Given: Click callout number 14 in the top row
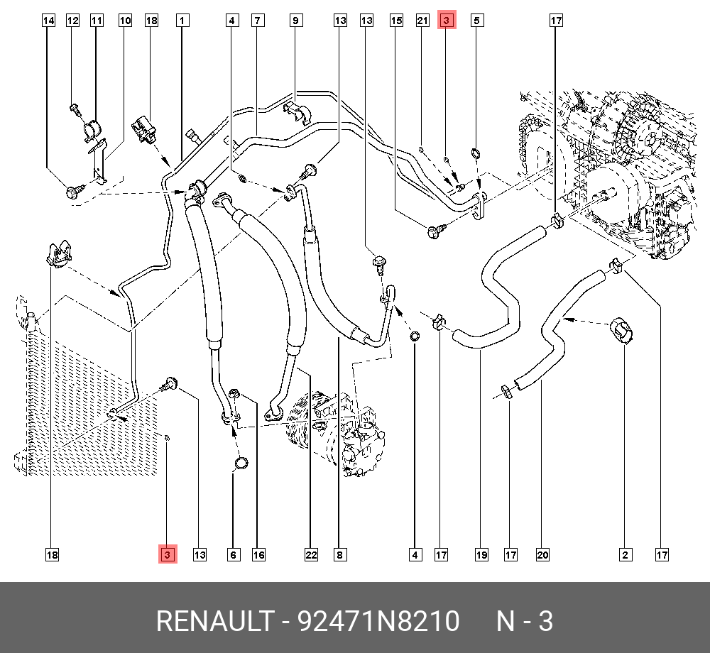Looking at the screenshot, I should (x=48, y=21).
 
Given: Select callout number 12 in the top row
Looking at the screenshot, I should (x=72, y=21).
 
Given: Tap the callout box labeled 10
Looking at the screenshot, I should (x=125, y=21).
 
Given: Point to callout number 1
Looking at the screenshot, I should (x=182, y=21).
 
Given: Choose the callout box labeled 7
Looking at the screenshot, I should (x=258, y=21).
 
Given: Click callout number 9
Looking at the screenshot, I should (x=295, y=21).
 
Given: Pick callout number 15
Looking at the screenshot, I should (x=396, y=21).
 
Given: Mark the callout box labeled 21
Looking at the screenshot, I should (x=422, y=21).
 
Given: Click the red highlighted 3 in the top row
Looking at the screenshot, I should (x=447, y=21).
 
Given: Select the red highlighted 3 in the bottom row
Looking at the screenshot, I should (x=167, y=554).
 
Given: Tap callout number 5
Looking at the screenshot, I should (x=477, y=21).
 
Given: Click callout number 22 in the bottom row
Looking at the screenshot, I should (x=310, y=554).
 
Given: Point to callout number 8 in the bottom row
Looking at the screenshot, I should (x=340, y=554).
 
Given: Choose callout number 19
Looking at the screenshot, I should (x=481, y=554).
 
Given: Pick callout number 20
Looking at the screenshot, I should (x=544, y=554).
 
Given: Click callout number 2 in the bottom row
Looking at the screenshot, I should (x=626, y=554).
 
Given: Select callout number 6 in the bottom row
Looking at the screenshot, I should (x=233, y=554).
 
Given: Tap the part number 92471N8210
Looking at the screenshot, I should (x=378, y=622).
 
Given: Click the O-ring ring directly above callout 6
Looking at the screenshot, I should (x=241, y=464).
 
